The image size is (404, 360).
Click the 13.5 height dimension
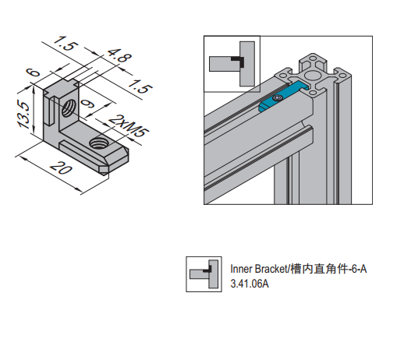(x=24, y=115)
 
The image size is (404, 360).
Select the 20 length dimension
(x=61, y=168)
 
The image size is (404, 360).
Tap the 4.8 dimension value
(x=119, y=55)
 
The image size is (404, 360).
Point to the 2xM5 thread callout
(x=128, y=125)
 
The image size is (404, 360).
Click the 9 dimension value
(x=87, y=104)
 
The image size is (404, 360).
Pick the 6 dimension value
(x=34, y=72)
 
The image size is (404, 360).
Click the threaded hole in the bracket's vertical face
(x=69, y=109)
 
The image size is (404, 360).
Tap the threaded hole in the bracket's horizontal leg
(x=100, y=143)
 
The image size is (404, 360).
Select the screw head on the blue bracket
(x=278, y=98)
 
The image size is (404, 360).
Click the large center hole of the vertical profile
(x=312, y=75)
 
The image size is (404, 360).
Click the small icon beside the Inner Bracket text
(x=204, y=274)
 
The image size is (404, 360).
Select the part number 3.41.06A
(x=250, y=284)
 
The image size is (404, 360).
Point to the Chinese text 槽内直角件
(x=319, y=269)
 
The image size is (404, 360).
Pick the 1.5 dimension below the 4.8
(x=140, y=86)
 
